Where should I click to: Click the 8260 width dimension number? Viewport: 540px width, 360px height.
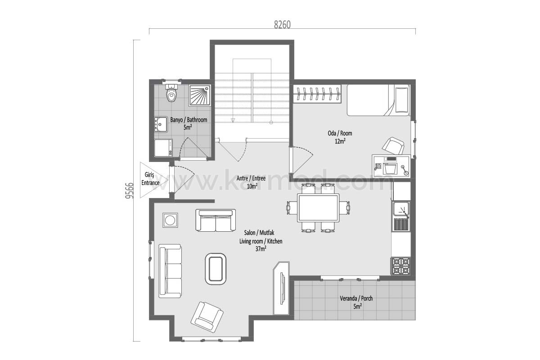(282, 25)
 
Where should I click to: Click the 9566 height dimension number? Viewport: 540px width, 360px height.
(130, 190)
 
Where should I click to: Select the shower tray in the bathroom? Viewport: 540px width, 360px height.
(200, 95)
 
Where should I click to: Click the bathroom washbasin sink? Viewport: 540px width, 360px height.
(161, 124)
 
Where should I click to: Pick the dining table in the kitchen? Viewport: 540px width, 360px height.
(318, 207)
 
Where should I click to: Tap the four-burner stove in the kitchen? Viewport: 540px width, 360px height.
(400, 266)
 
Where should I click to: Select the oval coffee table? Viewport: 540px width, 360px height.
(216, 269)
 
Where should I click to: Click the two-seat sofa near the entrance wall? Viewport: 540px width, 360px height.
(216, 220)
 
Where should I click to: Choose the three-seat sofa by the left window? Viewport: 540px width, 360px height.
(170, 271)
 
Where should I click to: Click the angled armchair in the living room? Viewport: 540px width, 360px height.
(207, 317)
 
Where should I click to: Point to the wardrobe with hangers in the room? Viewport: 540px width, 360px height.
(317, 94)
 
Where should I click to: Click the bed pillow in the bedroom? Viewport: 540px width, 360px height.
(401, 100)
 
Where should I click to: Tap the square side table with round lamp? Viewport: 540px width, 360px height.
(170, 220)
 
